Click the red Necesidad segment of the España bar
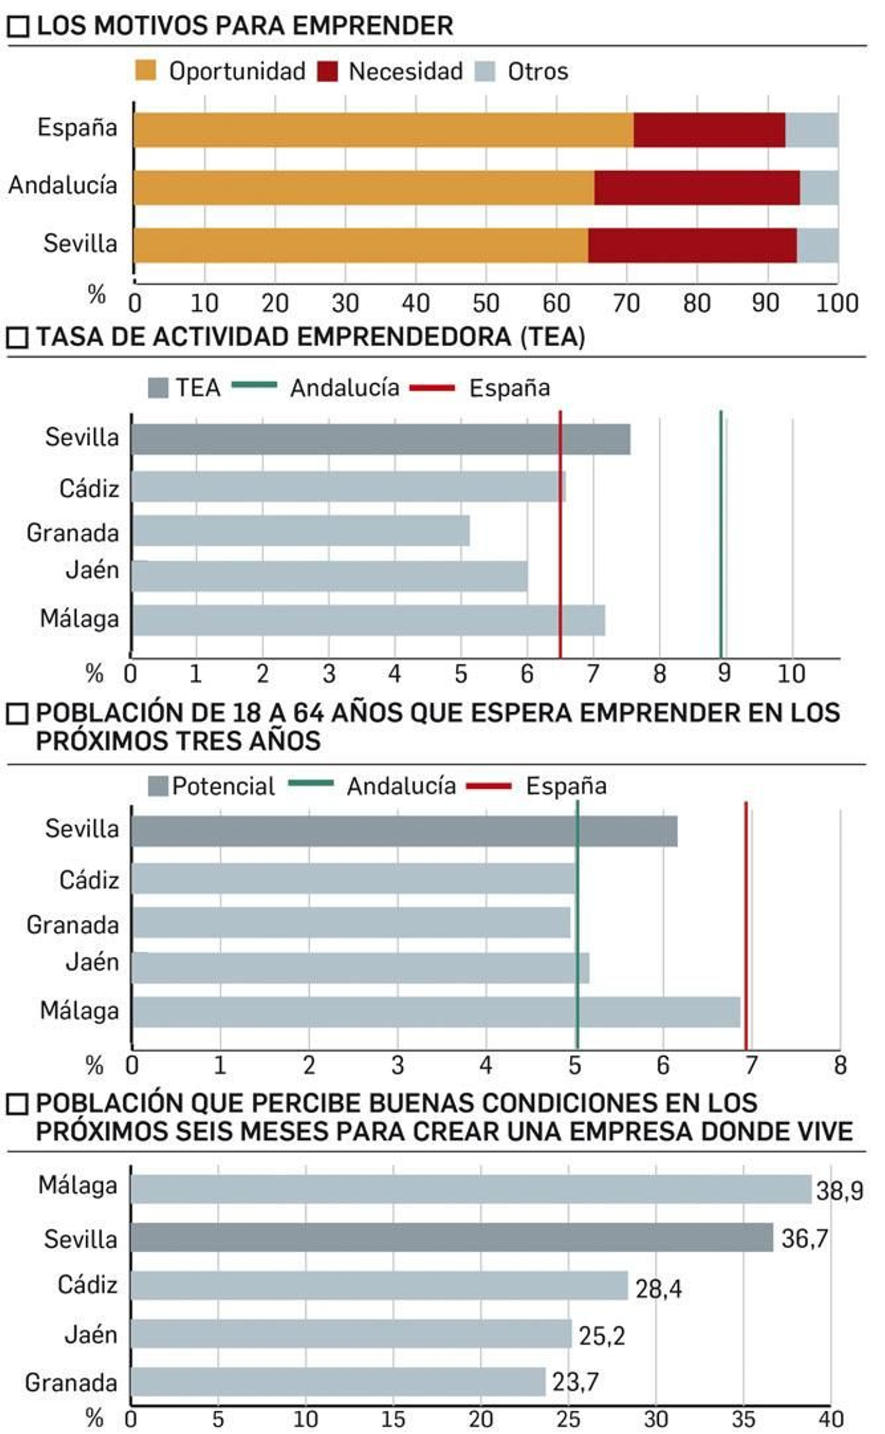tap(709, 130)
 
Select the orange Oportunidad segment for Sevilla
tap(360, 246)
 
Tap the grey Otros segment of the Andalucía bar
tap(819, 188)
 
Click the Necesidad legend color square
tap(328, 71)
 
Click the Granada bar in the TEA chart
tap(300, 531)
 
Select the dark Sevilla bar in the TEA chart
tap(381, 440)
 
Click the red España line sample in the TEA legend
tap(432, 388)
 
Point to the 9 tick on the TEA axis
tap(724, 674)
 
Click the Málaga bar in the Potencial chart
tap(435, 1012)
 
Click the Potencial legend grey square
tap(158, 786)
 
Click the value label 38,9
tap(839, 1191)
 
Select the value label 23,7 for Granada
tap(575, 1383)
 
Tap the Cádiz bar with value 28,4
tap(379, 1286)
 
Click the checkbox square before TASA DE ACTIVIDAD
tap(18, 337)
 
